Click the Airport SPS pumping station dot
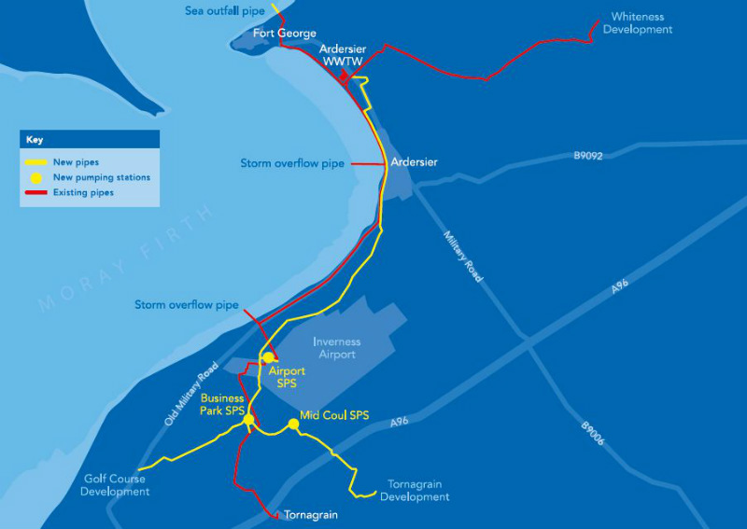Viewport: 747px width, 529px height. tap(268, 357)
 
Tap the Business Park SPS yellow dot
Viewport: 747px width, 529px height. tap(248, 421)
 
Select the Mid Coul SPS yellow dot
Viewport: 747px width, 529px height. tap(293, 425)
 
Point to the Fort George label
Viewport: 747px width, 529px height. tap(285, 34)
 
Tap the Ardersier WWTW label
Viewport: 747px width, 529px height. tap(342, 54)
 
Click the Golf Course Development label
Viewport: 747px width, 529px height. tap(115, 485)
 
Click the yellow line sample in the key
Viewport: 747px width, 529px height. tap(36, 162)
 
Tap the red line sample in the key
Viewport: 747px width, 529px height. tap(36, 193)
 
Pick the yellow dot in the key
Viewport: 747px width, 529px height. tap(36, 177)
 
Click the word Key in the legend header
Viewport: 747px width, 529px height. tap(35, 140)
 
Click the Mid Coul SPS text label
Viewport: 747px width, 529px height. tap(334, 415)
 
